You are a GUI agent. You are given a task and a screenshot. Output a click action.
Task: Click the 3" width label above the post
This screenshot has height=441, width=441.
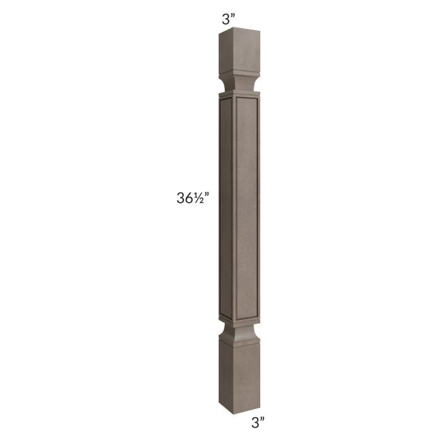click(x=229, y=19)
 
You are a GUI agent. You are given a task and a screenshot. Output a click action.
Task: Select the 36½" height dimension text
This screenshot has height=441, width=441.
click(x=192, y=198)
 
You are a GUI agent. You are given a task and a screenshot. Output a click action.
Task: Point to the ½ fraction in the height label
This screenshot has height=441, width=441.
click(x=200, y=198)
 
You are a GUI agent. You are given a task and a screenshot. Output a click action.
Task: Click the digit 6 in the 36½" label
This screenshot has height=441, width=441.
click(x=190, y=198)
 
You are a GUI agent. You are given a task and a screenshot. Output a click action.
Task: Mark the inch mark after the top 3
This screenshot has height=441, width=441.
click(x=233, y=16)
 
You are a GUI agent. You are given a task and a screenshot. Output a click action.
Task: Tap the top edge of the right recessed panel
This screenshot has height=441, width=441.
click(x=246, y=100)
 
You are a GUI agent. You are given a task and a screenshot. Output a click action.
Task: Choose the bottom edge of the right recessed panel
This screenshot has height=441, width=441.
click(x=246, y=313)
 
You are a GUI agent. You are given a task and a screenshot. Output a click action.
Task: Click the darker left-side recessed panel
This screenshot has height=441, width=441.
click(x=225, y=208)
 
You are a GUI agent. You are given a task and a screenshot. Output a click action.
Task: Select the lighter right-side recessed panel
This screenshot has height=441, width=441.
click(x=246, y=208)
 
